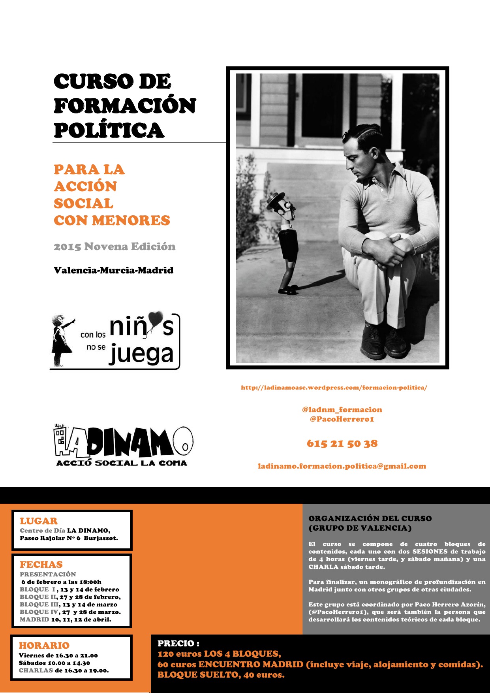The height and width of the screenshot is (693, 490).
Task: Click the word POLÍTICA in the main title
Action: pyautogui.click(x=109, y=130)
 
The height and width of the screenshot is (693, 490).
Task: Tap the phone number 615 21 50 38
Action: pyautogui.click(x=342, y=444)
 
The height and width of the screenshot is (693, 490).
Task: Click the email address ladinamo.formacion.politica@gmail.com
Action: pyautogui.click(x=342, y=466)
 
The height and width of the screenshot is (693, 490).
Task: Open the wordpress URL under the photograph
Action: pyautogui.click(x=334, y=388)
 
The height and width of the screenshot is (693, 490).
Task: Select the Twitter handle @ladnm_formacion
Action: pyautogui.click(x=342, y=410)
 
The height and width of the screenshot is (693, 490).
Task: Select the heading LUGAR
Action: pyautogui.click(x=39, y=521)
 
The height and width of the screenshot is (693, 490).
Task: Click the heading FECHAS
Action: pyautogui.click(x=41, y=565)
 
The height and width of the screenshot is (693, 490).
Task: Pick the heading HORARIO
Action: pyautogui.click(x=44, y=646)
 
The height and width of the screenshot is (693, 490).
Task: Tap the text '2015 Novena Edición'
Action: pyautogui.click(x=115, y=247)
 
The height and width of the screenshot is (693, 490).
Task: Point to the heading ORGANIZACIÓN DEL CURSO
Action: pyautogui.click(x=370, y=518)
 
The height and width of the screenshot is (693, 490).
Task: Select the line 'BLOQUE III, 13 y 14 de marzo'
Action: pyautogui.click(x=68, y=604)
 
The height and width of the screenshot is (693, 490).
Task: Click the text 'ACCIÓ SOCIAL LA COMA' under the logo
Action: pyautogui.click(x=122, y=463)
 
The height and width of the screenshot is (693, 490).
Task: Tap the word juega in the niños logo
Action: pyautogui.click(x=141, y=354)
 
